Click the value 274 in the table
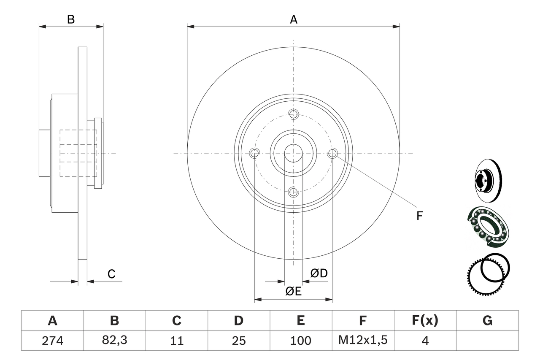tap(52, 341)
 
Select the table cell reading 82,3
tap(114, 341)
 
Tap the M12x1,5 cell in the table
tap(363, 341)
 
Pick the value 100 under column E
tap(301, 341)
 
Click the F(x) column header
tap(425, 321)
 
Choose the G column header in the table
tap(487, 321)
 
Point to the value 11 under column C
tap(176, 341)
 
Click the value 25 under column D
tap(238, 341)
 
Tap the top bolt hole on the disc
tap(294, 114)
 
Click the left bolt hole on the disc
tap(254, 153)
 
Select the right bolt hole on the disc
tap(332, 153)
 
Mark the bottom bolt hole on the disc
tap(294, 192)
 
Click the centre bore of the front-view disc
tap(294, 153)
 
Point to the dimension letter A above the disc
tap(294, 19)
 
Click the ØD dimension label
tap(319, 273)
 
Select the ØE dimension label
tap(294, 291)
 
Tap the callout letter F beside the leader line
tap(419, 216)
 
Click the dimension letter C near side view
tap(111, 274)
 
